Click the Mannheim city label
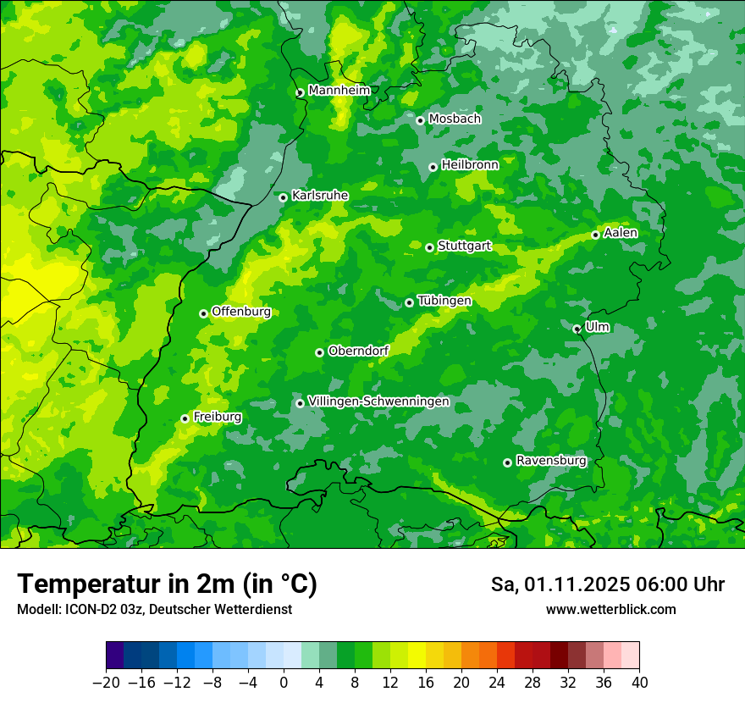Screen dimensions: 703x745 339,91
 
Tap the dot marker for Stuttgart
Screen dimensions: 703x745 429,247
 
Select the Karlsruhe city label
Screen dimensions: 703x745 319,196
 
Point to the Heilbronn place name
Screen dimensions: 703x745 470,165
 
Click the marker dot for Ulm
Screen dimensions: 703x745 577,329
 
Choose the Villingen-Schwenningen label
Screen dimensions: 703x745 378,401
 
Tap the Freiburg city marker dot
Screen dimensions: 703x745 185,418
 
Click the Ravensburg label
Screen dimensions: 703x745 551,461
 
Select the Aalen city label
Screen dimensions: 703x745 621,233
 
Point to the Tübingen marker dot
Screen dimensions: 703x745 409,302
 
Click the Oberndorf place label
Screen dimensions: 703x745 358,351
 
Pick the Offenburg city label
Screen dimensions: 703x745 241,312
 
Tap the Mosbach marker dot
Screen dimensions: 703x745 420,120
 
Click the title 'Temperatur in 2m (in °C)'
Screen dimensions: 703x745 167,584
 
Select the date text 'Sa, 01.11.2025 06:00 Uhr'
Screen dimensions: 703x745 607,584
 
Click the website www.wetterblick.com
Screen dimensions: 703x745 610,610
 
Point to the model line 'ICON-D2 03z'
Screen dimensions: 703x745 154,610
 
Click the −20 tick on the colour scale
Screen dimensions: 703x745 106,683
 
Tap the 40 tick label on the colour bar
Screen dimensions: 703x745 639,683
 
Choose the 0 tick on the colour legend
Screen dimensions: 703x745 284,683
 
